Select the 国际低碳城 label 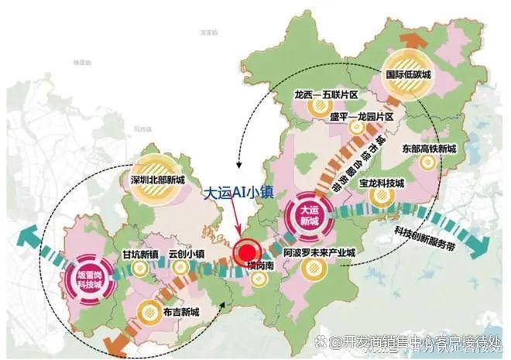coord(408,76)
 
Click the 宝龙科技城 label coord(382,183)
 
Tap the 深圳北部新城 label coord(157,180)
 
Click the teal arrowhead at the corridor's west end coord(28,234)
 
